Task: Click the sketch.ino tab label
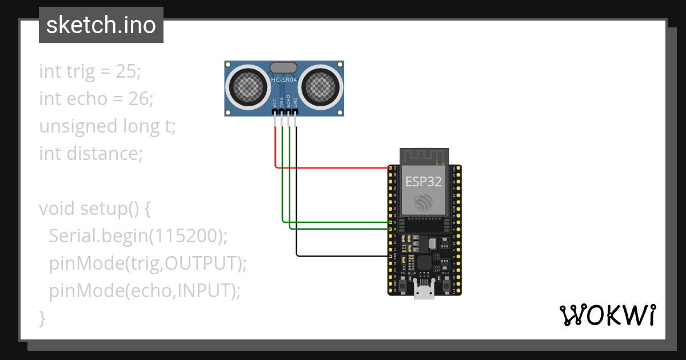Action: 101,26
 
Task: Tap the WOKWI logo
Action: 607,315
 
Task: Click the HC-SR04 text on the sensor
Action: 284,79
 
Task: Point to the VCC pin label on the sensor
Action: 275,103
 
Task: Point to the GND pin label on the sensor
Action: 296,103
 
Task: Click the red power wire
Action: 332,168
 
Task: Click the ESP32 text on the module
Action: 424,182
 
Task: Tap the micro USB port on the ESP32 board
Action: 424,292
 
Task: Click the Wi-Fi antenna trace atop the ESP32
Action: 424,155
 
